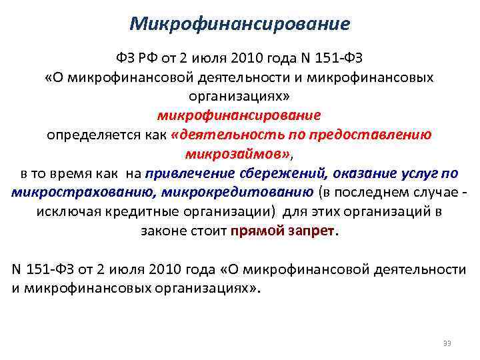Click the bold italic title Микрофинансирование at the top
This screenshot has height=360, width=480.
(x=239, y=24)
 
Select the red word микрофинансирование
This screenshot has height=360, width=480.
(x=239, y=115)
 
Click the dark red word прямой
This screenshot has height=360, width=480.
(x=257, y=232)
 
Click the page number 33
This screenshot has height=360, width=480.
(x=446, y=343)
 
